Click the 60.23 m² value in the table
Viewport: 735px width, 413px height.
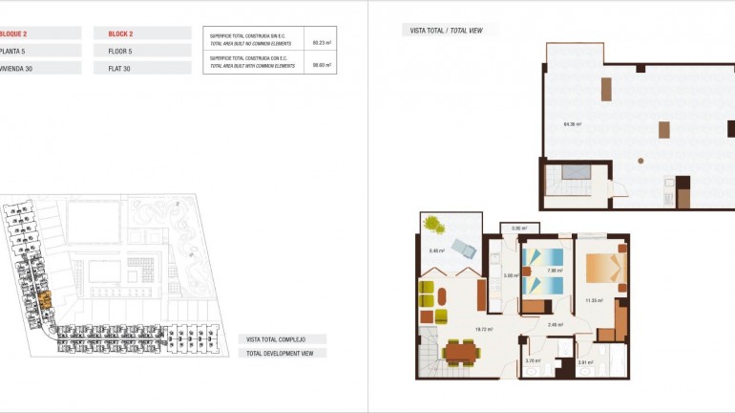pyautogui.click(x=321, y=42)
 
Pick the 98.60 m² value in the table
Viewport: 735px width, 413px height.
pyautogui.click(x=321, y=65)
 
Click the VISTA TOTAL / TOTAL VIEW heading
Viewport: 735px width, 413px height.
pyautogui.click(x=446, y=31)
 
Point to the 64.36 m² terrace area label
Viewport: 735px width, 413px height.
pyautogui.click(x=573, y=123)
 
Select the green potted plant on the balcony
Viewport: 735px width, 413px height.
pyautogui.click(x=435, y=226)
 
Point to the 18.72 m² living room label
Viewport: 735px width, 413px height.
pyautogui.click(x=483, y=328)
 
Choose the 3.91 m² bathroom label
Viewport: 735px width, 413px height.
pyautogui.click(x=585, y=362)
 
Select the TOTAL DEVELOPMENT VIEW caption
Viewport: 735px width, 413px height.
pyautogui.click(x=282, y=353)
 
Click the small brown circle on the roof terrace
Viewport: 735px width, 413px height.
pyautogui.click(x=640, y=160)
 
